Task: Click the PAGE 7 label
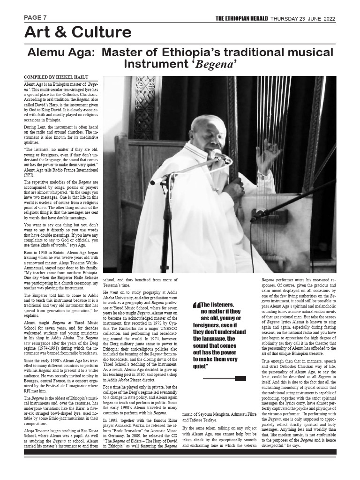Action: tap(36, 18)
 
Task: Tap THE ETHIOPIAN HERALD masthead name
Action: tap(241, 18)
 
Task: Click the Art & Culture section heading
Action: tap(78, 32)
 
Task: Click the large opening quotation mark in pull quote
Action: tap(196, 305)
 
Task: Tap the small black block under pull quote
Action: tap(240, 378)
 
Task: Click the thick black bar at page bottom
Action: tap(180, 452)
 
